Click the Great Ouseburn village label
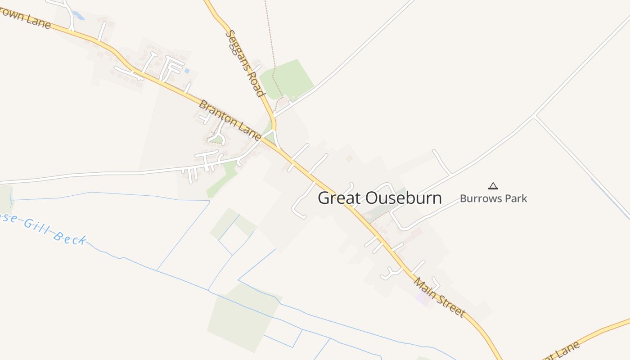[x=379, y=198]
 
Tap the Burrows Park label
[x=493, y=198]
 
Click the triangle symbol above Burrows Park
[x=493, y=185]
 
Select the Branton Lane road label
[x=230, y=120]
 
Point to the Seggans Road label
[x=244, y=63]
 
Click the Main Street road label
[x=439, y=297]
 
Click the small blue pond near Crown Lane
[x=79, y=16]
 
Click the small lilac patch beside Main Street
[x=423, y=298]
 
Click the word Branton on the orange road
[x=217, y=113]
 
